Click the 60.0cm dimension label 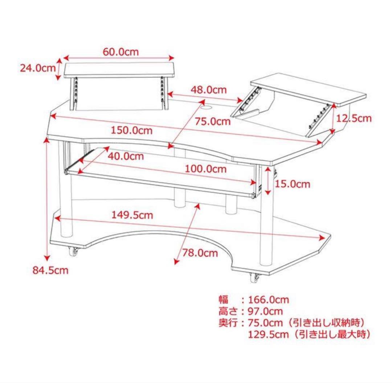coord(121,52)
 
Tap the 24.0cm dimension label coord(37,68)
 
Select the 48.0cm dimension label coord(209,89)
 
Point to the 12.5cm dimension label coord(354,118)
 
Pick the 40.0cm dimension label coord(126,157)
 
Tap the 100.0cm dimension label coord(205,169)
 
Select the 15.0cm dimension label coord(292,184)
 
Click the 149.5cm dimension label coord(132,215)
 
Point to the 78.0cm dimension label coord(200,253)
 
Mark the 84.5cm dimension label coord(51,270)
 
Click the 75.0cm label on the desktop coord(213,121)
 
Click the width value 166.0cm coord(268,300)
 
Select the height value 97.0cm coord(265,311)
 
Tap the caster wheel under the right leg coord(255,278)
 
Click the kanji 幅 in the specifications coord(223,300)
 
